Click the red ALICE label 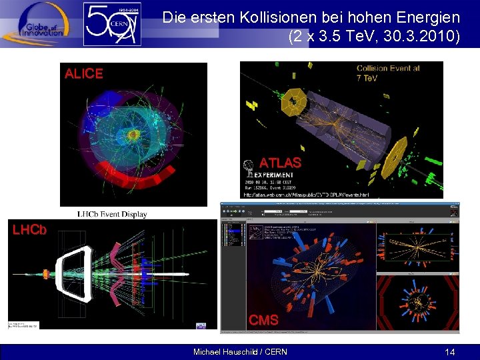83,74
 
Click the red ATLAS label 280,162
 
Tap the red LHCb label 29,229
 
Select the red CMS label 263,321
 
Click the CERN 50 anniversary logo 112,24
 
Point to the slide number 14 451,351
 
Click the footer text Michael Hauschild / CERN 240,351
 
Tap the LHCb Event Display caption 111,214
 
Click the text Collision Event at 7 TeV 389,73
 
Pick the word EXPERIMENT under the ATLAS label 273,175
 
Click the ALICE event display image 133,133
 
